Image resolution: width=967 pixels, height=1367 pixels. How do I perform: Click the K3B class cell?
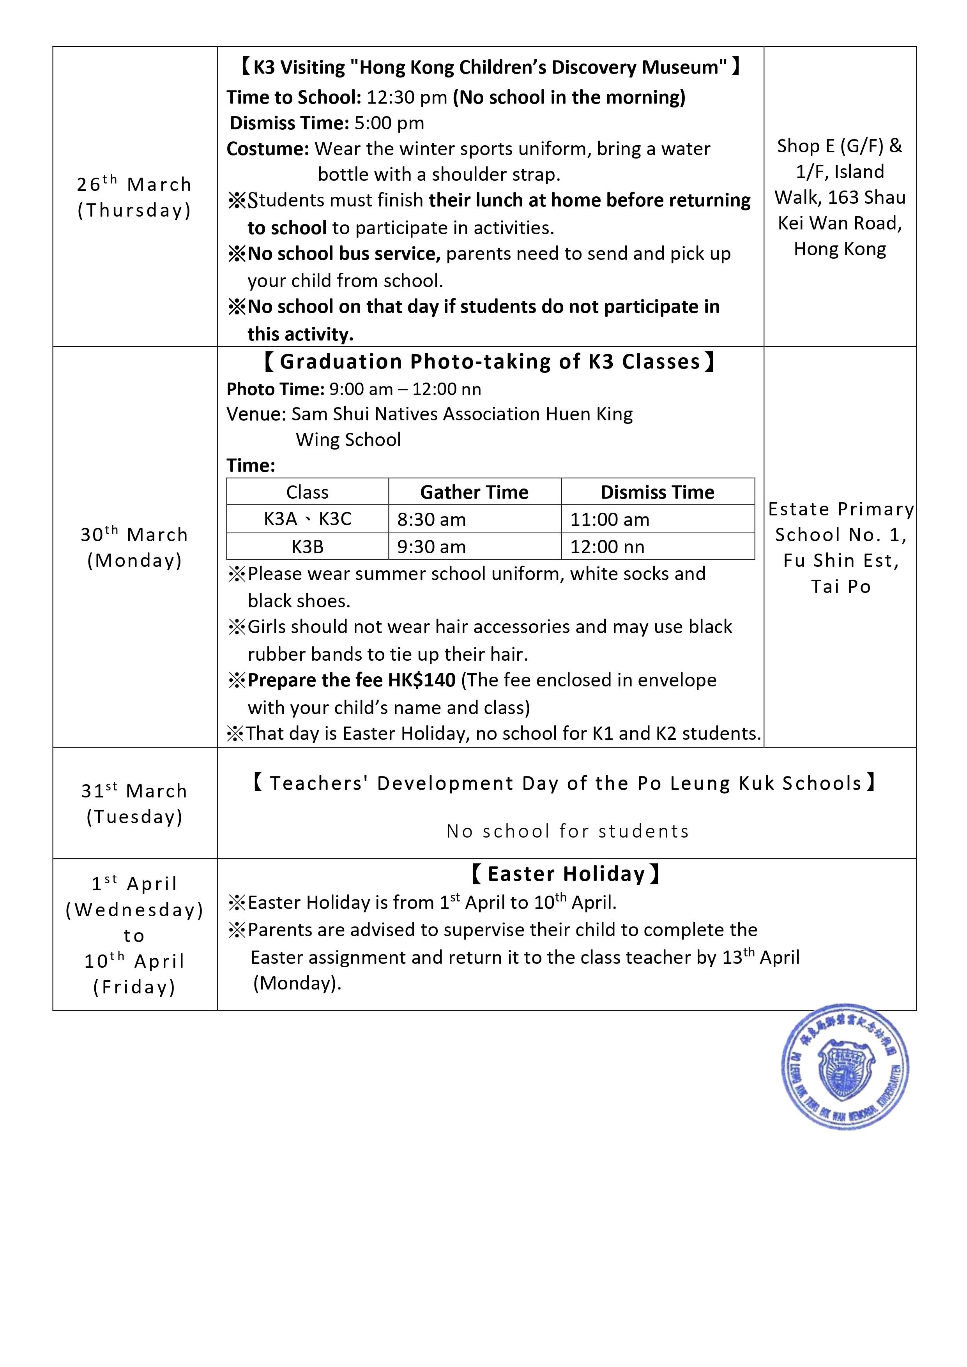308,547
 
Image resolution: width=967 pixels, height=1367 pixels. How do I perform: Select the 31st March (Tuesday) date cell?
134,803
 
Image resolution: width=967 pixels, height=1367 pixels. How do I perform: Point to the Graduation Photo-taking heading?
490,362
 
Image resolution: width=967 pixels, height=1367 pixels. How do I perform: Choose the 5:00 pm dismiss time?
389,123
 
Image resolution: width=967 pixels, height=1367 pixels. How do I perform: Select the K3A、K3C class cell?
308,519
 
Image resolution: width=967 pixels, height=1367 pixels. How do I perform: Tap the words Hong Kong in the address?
840,249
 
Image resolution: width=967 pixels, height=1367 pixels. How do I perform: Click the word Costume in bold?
267,149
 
